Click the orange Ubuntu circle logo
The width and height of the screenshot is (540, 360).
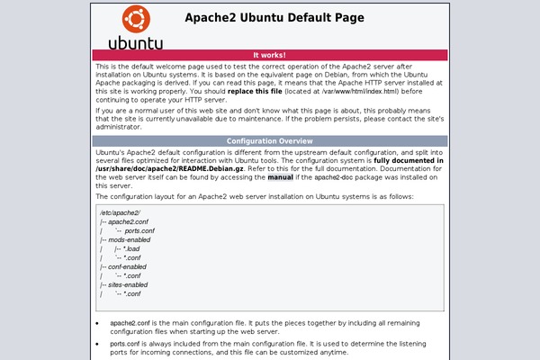(x=136, y=18)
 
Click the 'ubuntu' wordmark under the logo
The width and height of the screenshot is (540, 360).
(x=136, y=41)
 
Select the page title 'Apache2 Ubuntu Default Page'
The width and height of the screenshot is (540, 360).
(x=274, y=17)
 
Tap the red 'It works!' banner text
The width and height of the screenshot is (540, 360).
(x=269, y=55)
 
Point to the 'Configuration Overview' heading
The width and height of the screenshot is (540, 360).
(x=269, y=141)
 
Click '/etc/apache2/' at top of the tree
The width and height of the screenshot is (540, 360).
(x=114, y=211)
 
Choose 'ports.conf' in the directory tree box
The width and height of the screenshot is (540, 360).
(x=139, y=231)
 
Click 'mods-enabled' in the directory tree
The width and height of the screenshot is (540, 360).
(x=129, y=240)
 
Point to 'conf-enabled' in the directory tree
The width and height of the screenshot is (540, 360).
(x=128, y=267)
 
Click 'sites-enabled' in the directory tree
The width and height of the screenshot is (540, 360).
(x=129, y=285)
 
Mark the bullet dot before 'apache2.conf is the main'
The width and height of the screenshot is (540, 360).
(x=98, y=322)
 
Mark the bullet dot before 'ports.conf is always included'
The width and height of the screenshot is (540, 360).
(x=98, y=344)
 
